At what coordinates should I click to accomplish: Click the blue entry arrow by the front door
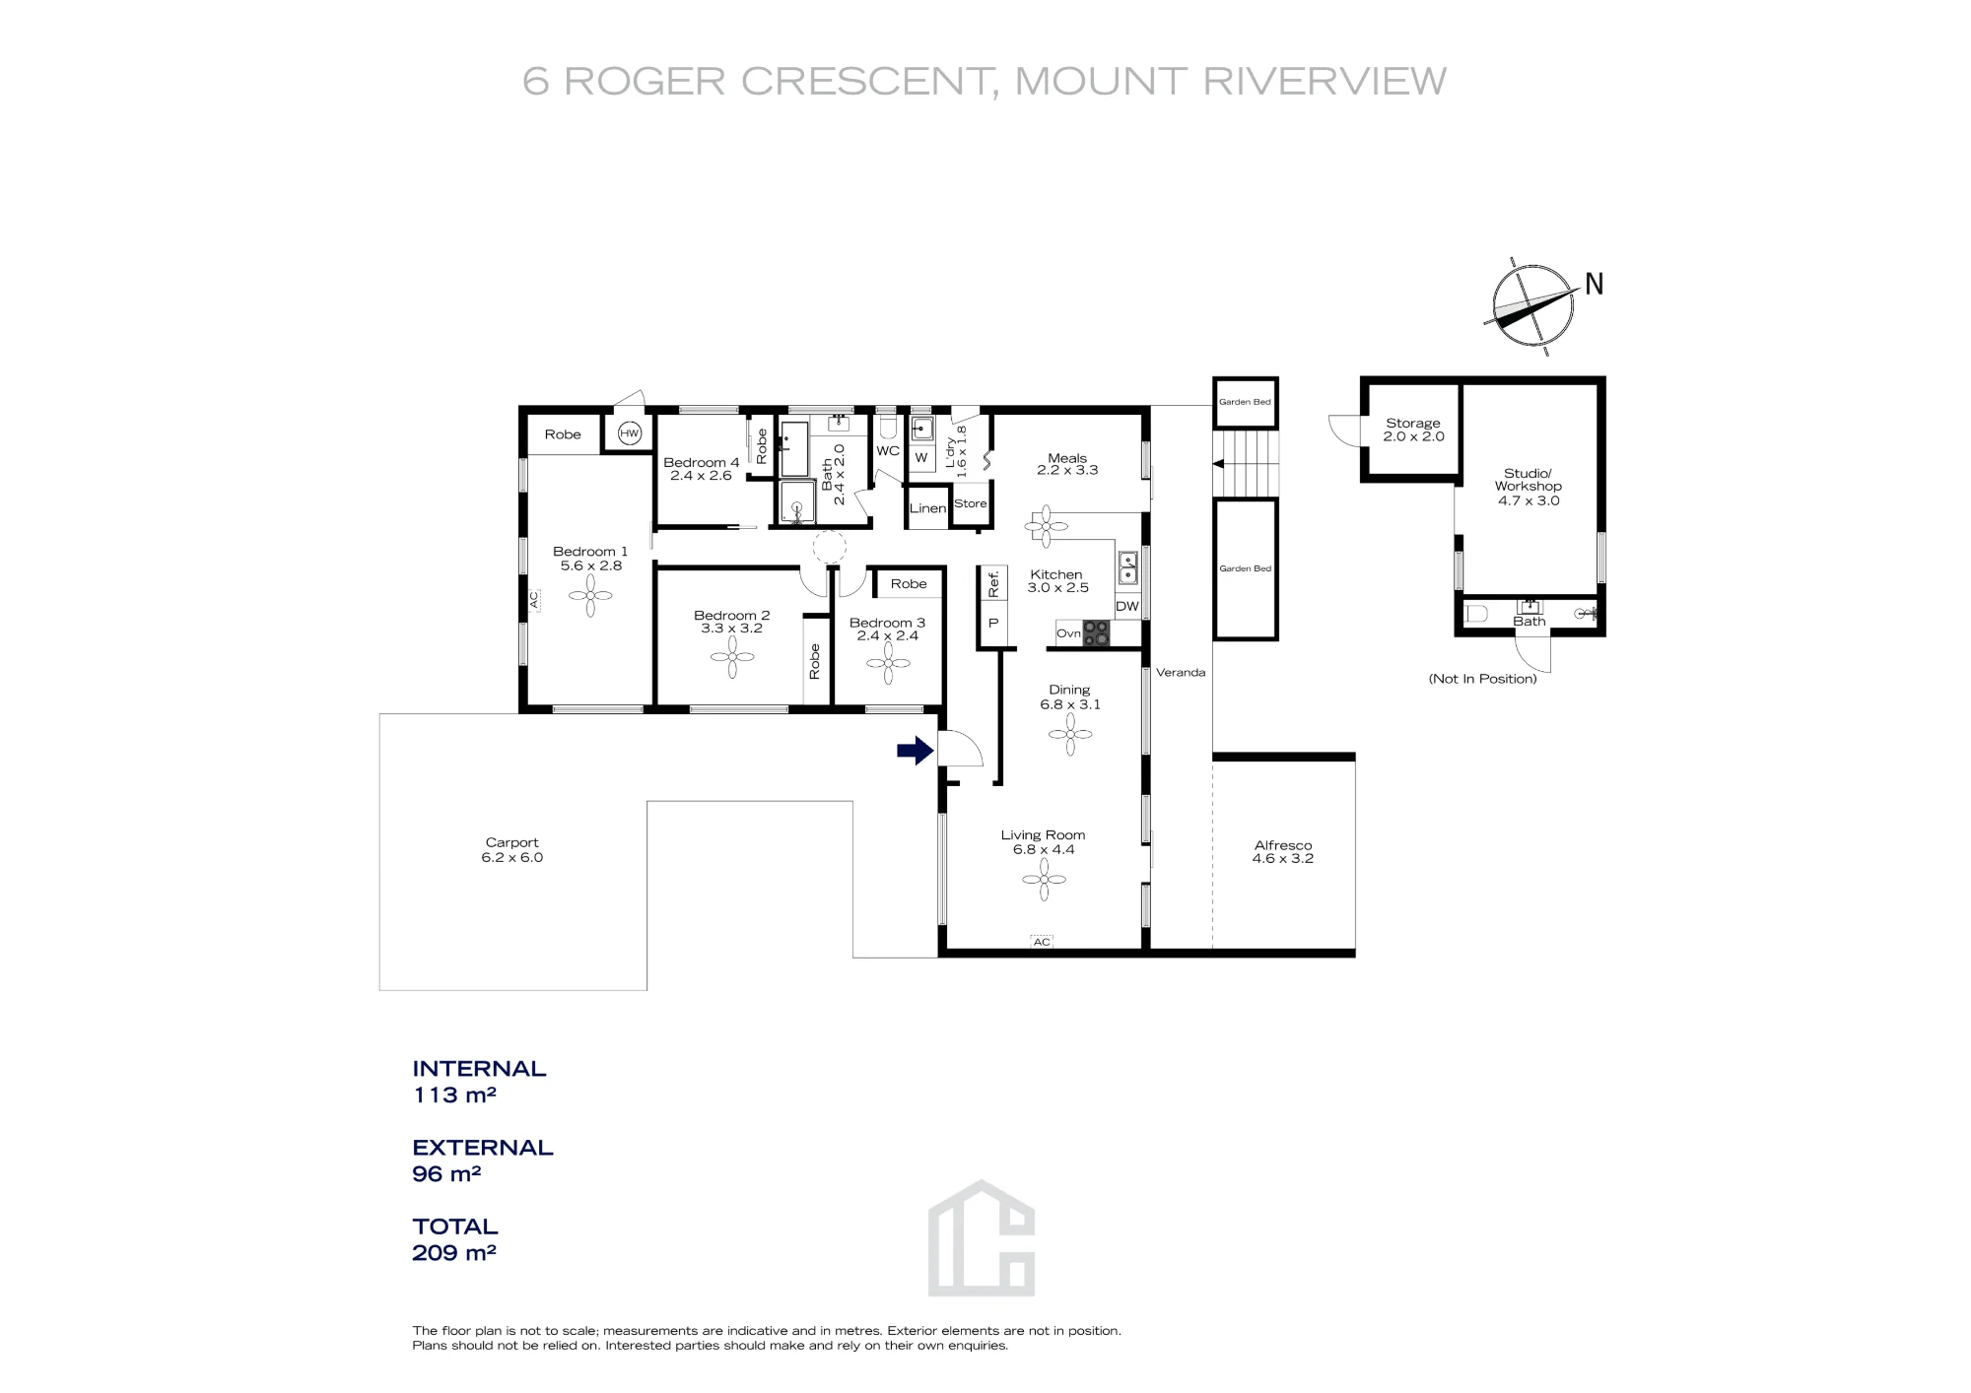(915, 751)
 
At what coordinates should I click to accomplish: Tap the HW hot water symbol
(630, 433)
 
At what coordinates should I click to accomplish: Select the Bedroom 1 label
(590, 552)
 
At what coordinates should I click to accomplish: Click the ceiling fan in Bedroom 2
(732, 657)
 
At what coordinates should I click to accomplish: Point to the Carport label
(512, 842)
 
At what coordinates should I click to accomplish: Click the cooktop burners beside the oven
(1096, 633)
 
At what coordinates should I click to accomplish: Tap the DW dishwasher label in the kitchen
(1127, 607)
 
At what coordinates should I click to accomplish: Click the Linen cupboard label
(927, 508)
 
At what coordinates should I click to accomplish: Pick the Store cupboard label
(971, 503)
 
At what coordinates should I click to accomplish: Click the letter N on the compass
(1595, 284)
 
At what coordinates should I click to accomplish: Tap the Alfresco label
(1283, 845)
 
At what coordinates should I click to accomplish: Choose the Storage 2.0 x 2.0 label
(1413, 430)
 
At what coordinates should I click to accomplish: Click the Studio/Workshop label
(1529, 480)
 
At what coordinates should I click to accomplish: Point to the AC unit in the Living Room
(1042, 942)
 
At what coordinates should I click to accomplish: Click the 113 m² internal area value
(454, 1094)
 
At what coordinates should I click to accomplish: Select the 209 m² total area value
(454, 1252)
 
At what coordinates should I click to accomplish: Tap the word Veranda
(1181, 673)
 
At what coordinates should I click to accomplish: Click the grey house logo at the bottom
(982, 1237)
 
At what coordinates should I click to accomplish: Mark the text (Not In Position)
(1483, 679)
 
